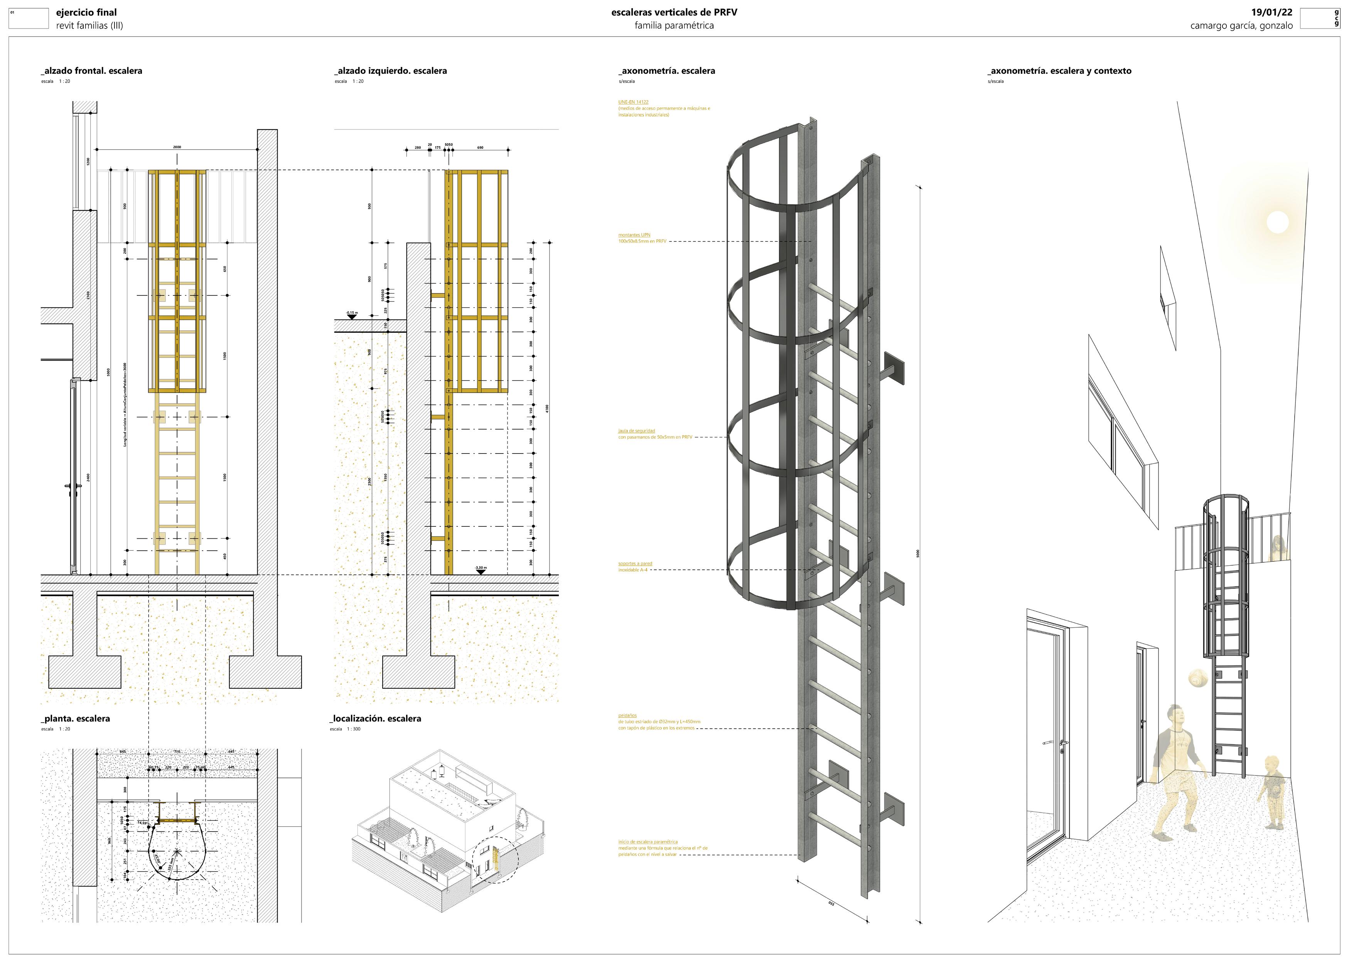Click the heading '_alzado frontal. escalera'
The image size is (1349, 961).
click(92, 71)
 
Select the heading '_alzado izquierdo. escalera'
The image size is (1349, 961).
click(391, 71)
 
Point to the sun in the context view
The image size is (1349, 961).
click(1277, 223)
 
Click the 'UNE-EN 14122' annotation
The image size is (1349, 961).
click(633, 102)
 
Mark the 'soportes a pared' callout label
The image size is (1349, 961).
click(635, 563)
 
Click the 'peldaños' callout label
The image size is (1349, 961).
click(627, 715)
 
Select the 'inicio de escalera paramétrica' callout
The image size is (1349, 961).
click(648, 841)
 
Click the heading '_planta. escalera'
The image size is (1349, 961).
click(76, 719)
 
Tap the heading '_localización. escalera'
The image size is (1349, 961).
click(375, 719)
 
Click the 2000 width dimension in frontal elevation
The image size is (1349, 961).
click(177, 147)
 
